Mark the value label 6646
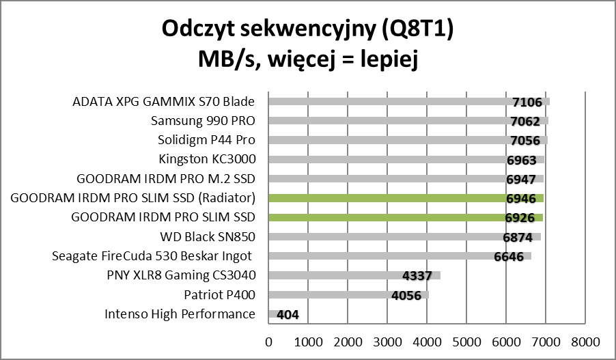click(508, 258)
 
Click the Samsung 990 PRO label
click(202, 122)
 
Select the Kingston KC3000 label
click(206, 160)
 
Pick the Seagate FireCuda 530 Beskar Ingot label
click(153, 256)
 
